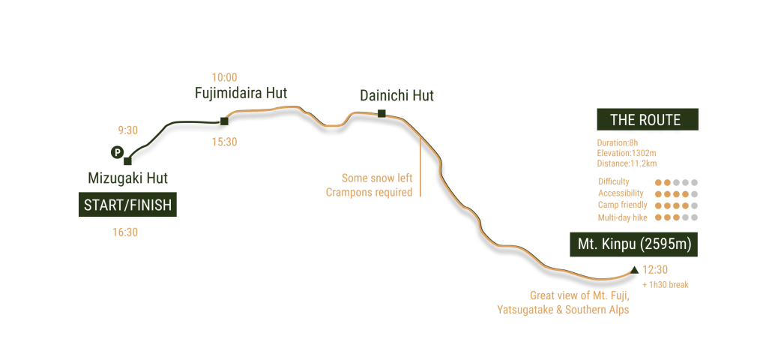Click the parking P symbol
point(116,152)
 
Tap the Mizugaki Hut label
point(127,178)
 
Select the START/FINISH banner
point(127,205)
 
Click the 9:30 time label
point(127,130)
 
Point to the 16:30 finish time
point(125,232)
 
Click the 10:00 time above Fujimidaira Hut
point(224,76)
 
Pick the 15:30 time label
point(224,142)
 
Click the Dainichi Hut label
point(396,96)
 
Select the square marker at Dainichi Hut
point(382,114)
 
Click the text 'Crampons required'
point(369,193)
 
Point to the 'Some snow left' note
point(377,178)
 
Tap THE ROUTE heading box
point(645,120)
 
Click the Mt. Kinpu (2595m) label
point(633,244)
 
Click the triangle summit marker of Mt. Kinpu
point(635,269)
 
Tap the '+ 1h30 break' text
point(666,285)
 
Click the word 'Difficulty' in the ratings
point(614,182)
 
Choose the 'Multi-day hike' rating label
point(621,217)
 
